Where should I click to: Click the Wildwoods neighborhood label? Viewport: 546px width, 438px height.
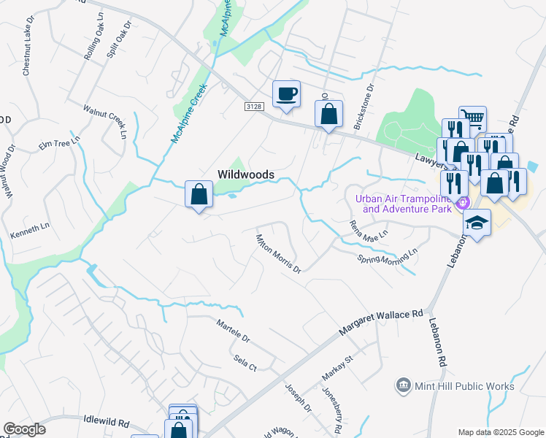click(246, 174)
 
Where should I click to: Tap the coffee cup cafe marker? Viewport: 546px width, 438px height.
click(286, 95)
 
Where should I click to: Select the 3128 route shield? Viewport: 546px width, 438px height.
click(253, 107)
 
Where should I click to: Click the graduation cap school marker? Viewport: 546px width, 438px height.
click(477, 223)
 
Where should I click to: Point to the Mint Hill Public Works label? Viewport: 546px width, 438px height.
click(464, 386)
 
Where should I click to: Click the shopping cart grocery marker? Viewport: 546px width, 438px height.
click(473, 118)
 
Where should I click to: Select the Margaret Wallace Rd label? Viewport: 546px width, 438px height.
click(381, 323)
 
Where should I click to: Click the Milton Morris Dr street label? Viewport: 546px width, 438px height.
click(278, 253)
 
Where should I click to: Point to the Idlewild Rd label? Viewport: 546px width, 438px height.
click(107, 423)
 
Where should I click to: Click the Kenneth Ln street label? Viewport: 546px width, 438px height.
click(27, 234)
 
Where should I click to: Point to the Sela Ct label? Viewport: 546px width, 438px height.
click(245, 363)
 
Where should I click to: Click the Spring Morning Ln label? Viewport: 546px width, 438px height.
click(387, 255)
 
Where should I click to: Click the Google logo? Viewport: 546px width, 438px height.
click(25, 429)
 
